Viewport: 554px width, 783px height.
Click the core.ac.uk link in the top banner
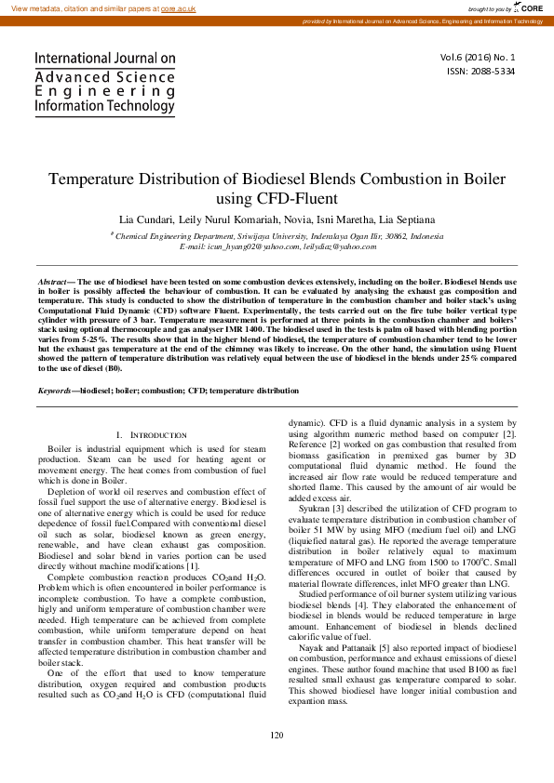[x=179, y=7]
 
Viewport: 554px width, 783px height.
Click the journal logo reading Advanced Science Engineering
[x=104, y=83]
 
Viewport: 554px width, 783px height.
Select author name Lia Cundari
[x=147, y=219]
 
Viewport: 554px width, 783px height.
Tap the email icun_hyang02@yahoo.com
[x=251, y=246]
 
